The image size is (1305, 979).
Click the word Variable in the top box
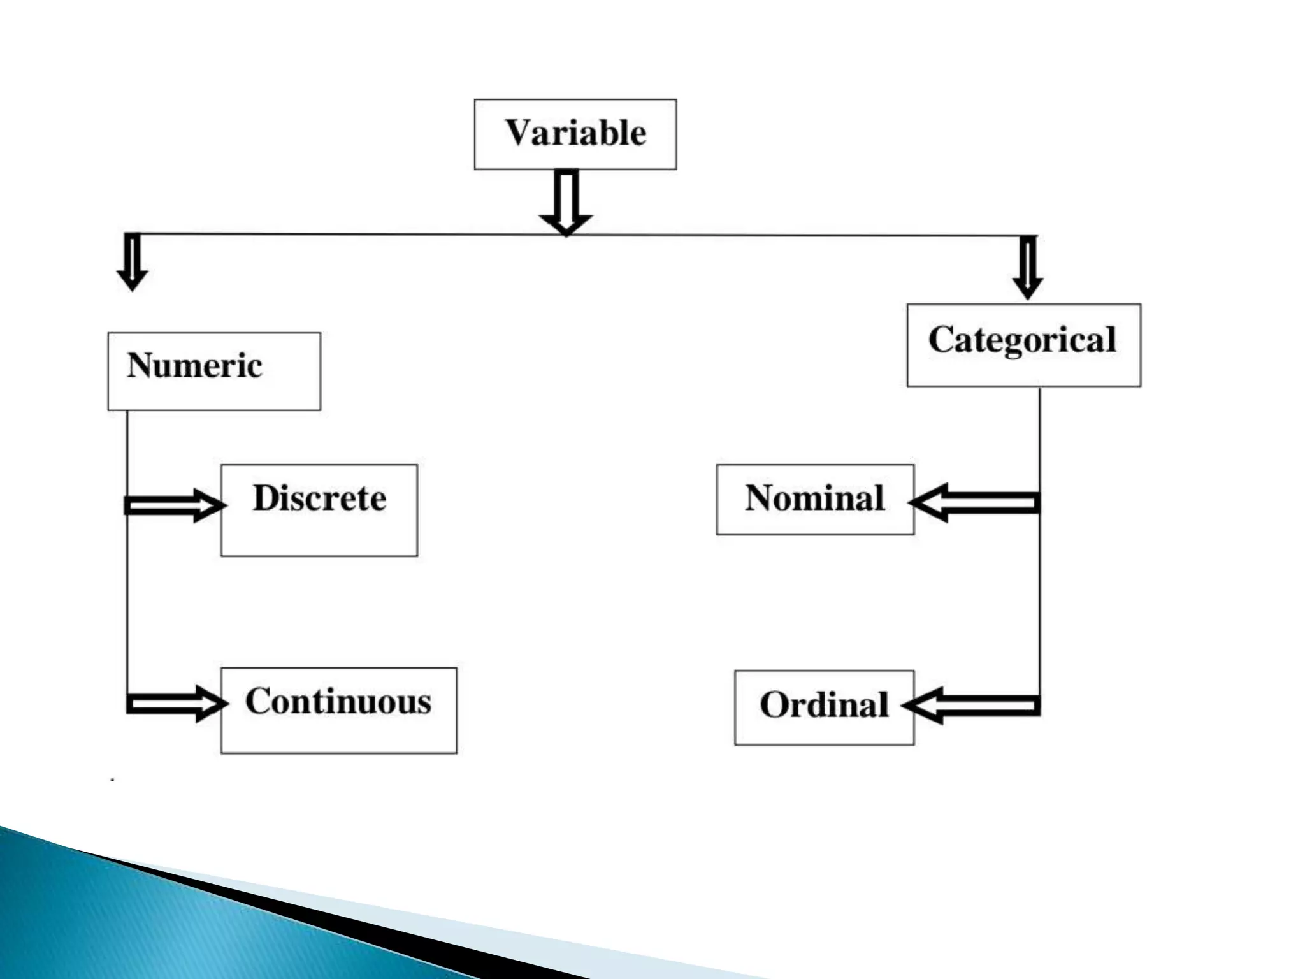click(x=575, y=133)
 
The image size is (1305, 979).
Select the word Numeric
click(x=194, y=366)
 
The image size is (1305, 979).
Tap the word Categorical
click(x=1022, y=340)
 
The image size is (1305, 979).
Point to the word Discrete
click(x=319, y=498)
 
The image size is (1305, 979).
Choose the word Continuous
click(x=338, y=702)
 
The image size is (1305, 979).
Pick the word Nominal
click(x=815, y=498)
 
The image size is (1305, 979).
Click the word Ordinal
click(x=824, y=706)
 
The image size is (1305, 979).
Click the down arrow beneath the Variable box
click(x=566, y=201)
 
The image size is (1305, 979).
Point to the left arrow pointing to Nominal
click(x=976, y=503)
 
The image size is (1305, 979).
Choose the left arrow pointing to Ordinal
click(x=972, y=706)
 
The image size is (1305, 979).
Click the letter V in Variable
click(x=518, y=133)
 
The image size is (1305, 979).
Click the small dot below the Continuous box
click(x=113, y=780)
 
